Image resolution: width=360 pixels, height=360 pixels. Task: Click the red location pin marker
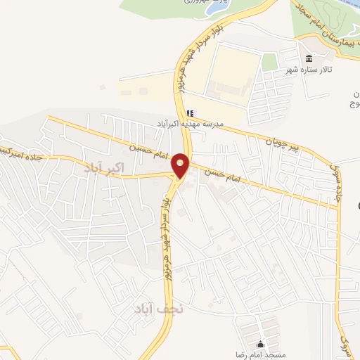pyautogui.click(x=181, y=165)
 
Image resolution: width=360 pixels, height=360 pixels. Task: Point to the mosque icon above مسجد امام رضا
pyautogui.click(x=261, y=344)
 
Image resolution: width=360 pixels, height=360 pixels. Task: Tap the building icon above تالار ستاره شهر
pyautogui.click(x=308, y=59)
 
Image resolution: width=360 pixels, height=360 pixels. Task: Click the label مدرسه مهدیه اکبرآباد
pyautogui.click(x=191, y=123)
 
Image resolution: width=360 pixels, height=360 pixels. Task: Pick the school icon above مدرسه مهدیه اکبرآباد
pyautogui.click(x=190, y=112)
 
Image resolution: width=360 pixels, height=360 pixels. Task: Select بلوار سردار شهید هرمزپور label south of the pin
pyautogui.click(x=165, y=225)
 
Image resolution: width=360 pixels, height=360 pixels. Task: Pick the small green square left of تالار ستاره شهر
pyautogui.click(x=270, y=61)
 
